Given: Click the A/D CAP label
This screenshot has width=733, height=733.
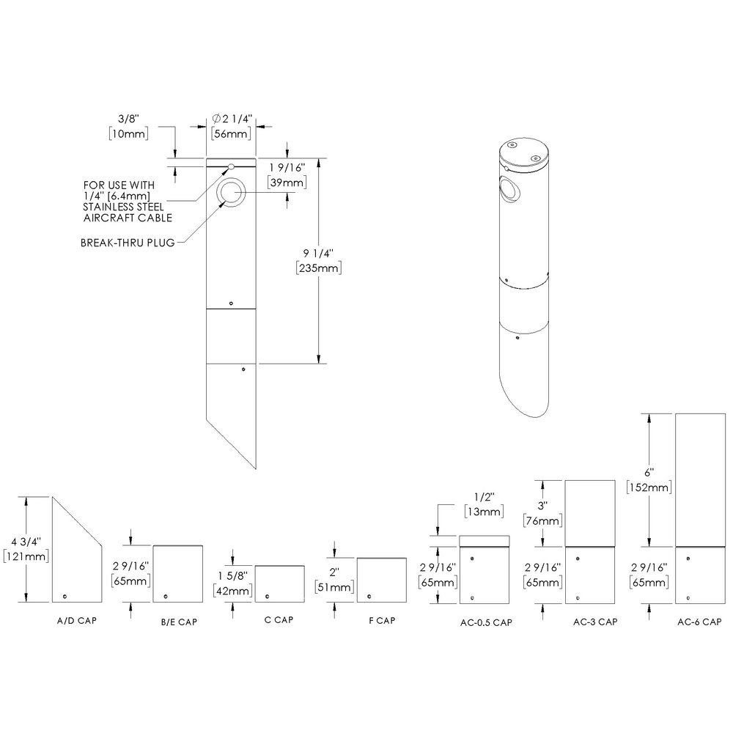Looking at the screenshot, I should (x=77, y=620).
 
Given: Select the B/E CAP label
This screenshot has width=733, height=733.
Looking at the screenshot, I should (x=178, y=622).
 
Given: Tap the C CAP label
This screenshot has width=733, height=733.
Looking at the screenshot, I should (x=279, y=619).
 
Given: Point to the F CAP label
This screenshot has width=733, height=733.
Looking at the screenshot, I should (x=382, y=620).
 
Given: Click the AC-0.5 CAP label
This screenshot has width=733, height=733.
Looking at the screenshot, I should (x=485, y=623).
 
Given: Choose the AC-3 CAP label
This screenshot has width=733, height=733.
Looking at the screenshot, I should (x=594, y=622).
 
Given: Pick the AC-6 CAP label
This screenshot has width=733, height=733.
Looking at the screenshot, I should (x=699, y=622).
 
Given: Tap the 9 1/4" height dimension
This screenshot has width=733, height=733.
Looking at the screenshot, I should (x=318, y=253).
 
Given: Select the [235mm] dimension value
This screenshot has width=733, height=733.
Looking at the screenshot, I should (x=318, y=268).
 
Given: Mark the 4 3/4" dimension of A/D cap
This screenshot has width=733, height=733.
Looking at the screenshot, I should (x=26, y=542).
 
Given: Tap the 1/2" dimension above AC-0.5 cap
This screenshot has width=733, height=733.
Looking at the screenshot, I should (x=482, y=496).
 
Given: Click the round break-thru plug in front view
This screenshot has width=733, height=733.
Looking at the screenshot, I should (x=232, y=193).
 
